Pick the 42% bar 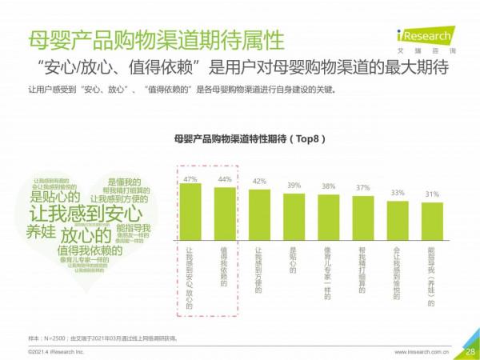259,214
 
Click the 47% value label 190,178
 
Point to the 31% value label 432,194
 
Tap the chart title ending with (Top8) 249,138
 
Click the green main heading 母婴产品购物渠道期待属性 155,39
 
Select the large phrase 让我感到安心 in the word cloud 86,214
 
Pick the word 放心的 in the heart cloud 84,236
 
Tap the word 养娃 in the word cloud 41,232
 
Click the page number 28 470,350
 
